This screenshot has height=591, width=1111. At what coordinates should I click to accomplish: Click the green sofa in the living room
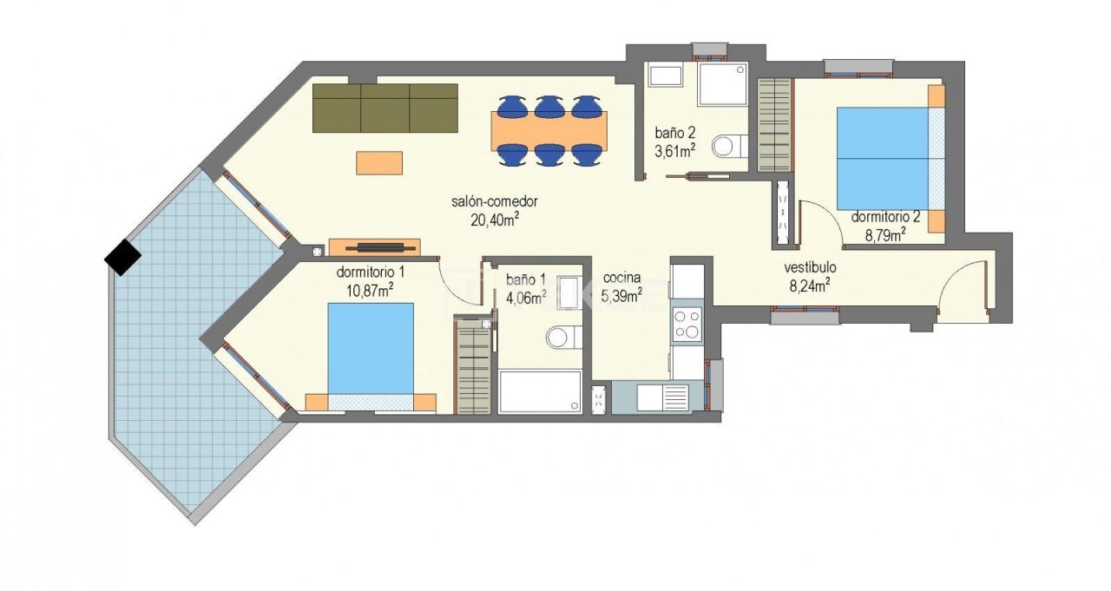[385, 108]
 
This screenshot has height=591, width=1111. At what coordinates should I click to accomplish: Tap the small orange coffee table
[379, 163]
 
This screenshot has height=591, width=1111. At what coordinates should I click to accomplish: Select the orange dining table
[549, 130]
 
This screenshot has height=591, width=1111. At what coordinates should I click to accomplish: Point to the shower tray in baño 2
[722, 83]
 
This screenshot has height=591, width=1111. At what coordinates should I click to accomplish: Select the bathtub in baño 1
[540, 391]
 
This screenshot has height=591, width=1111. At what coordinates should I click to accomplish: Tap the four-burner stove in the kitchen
[687, 324]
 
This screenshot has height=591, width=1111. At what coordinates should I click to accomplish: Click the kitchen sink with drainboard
[662, 397]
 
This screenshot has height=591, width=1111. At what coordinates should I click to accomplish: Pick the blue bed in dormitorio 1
[371, 348]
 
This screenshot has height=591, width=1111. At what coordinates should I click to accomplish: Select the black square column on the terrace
[122, 256]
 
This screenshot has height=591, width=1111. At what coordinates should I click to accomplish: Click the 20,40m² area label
[495, 220]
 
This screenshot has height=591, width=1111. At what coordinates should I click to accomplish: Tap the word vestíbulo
[810, 267]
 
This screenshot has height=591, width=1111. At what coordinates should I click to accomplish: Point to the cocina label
[621, 278]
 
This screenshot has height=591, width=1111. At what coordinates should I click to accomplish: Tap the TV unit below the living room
[374, 247]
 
